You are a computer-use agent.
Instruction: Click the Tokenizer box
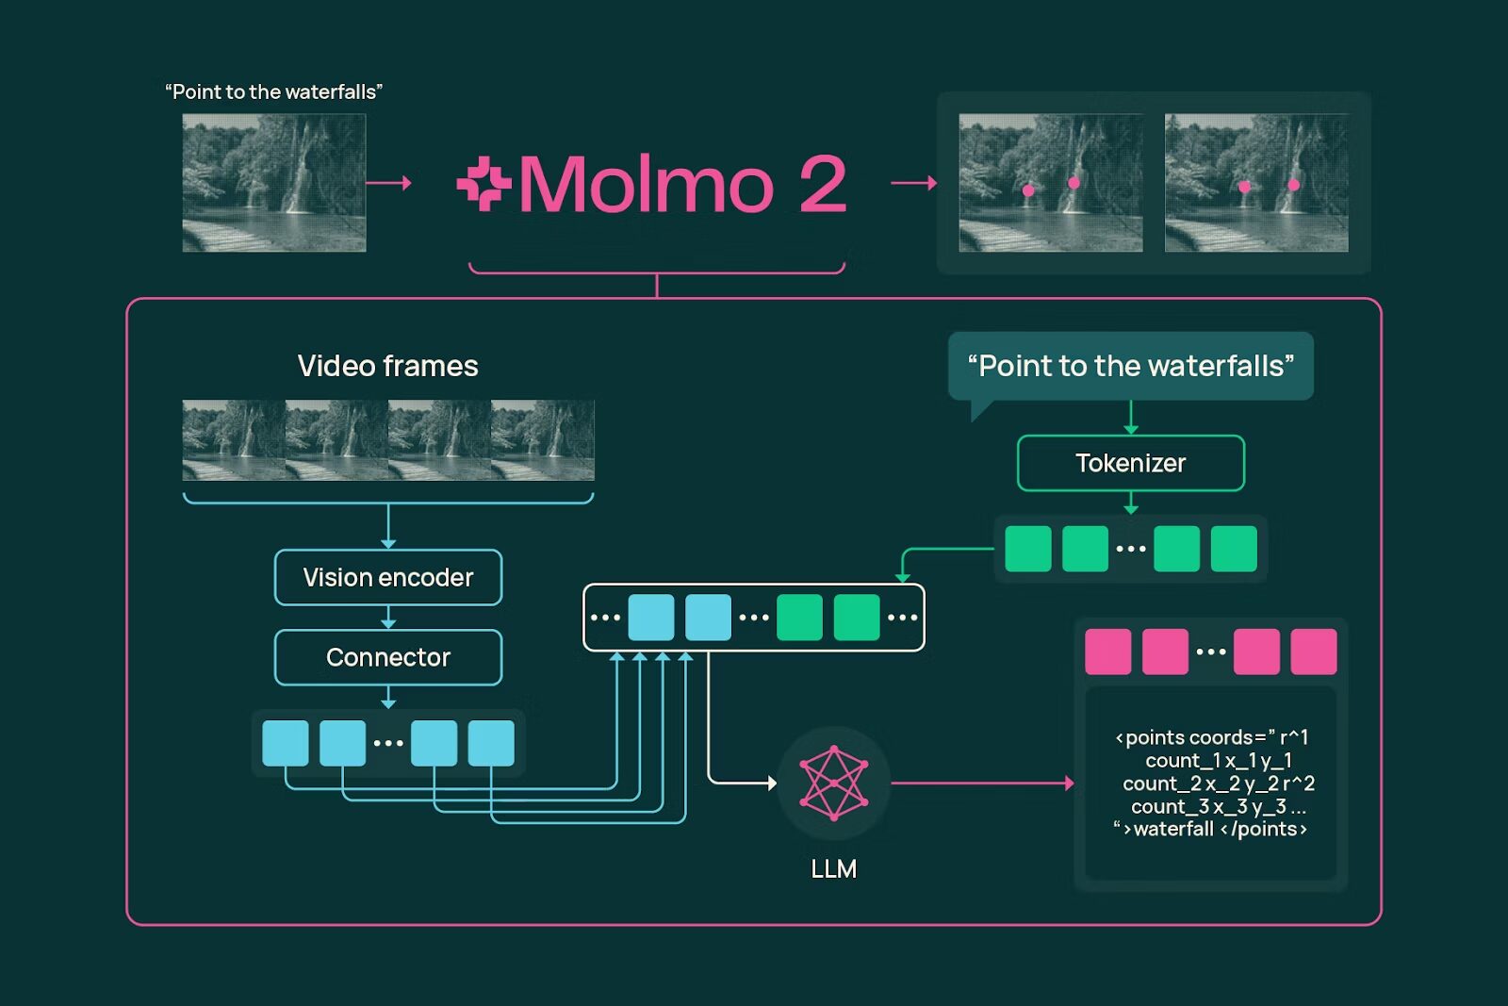coord(1130,463)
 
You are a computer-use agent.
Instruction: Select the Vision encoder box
coord(387,577)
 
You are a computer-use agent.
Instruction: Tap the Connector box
coord(387,657)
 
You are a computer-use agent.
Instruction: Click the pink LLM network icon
coord(833,782)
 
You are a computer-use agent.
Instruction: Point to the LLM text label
coord(833,868)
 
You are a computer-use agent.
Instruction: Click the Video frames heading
coord(387,366)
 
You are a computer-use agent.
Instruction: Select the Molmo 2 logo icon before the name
coord(484,184)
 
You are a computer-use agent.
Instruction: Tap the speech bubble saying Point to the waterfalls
coord(1130,366)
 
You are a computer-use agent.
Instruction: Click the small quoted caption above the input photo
coord(273,91)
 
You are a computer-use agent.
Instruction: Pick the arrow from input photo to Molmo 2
coord(388,183)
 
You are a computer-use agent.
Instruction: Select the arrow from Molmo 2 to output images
coord(913,183)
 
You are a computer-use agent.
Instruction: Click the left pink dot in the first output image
coord(1028,190)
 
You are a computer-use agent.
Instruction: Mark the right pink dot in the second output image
coord(1293,185)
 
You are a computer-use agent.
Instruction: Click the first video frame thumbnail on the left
coord(234,440)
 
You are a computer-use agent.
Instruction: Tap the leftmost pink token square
coord(1107,651)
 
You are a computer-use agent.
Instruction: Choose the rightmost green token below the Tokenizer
coord(1233,549)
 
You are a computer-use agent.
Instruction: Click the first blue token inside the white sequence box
coord(650,618)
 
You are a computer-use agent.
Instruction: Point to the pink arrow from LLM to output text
coord(980,783)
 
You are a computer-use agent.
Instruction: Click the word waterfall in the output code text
coord(1173,829)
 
